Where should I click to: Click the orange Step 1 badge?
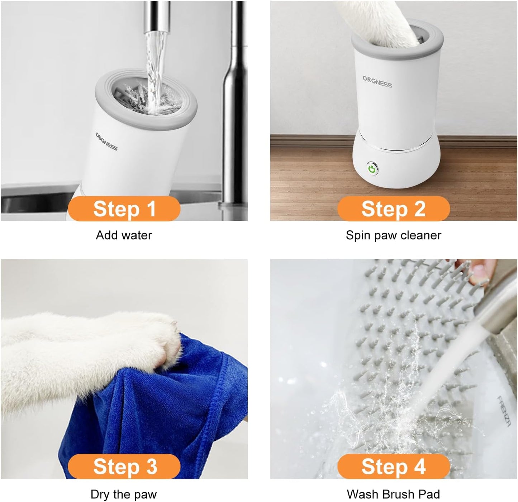coord(124,209)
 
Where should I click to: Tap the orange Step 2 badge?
coord(393,209)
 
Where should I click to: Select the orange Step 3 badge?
coord(124,466)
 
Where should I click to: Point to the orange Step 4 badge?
coord(393,466)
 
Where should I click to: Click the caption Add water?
coord(124,235)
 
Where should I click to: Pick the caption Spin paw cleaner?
coord(393,235)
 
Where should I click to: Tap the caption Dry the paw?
coord(124,494)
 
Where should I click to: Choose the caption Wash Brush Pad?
coord(393,494)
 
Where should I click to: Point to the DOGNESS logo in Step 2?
coord(377,82)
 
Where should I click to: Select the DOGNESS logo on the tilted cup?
coord(106,141)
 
